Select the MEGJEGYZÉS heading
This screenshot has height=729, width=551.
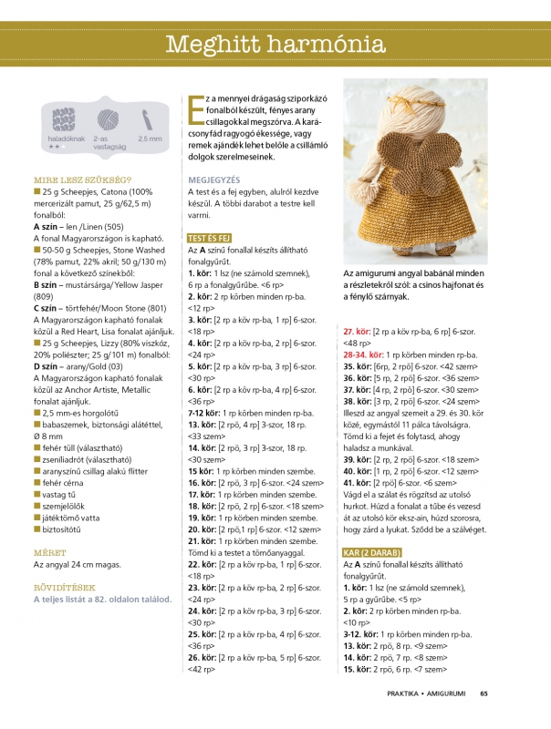tap(214, 180)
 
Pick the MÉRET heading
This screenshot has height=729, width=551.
tap(48, 552)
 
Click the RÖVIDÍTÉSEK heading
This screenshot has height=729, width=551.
tap(64, 586)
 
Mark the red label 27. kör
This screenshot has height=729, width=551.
tap(357, 331)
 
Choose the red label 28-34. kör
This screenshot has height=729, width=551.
tap(363, 354)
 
